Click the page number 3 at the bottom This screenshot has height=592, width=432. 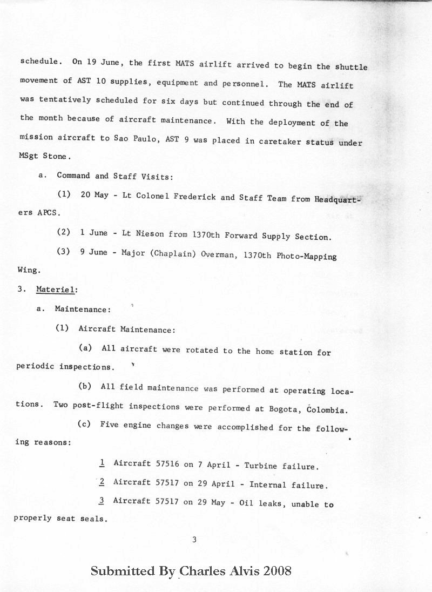point(194,539)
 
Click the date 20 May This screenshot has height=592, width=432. point(94,195)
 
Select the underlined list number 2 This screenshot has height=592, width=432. point(102,482)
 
